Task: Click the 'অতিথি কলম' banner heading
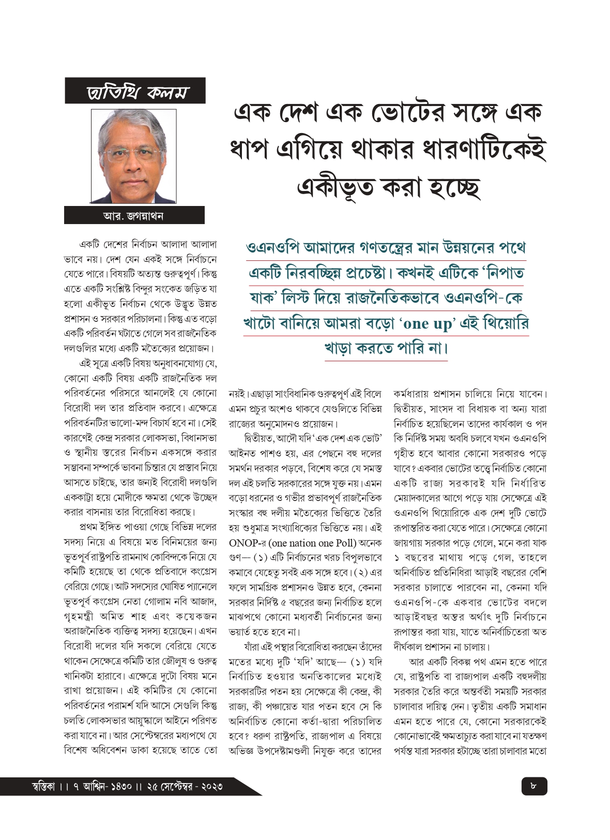click(x=135, y=92)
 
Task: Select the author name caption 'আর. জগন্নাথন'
click(x=133, y=215)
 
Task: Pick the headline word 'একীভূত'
click(x=334, y=187)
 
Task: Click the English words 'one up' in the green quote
click(x=427, y=324)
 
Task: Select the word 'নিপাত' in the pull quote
click(x=500, y=273)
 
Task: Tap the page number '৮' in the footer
click(x=533, y=786)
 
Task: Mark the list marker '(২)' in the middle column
click(x=360, y=572)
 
